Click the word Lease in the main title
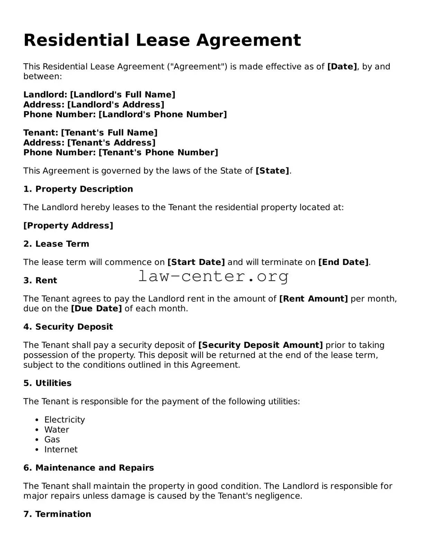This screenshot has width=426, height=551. [x=162, y=40]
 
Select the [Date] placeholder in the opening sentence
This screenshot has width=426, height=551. [x=342, y=66]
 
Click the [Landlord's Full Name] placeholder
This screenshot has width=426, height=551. [x=123, y=94]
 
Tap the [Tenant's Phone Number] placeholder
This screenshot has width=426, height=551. [x=158, y=153]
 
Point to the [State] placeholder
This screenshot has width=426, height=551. [x=272, y=171]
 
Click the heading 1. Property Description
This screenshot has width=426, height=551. [x=78, y=189]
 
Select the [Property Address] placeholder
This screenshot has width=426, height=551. [x=68, y=226]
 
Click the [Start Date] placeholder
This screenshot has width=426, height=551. [x=196, y=262]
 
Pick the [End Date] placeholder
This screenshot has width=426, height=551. [x=343, y=262]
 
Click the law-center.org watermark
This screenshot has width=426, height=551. [x=213, y=276]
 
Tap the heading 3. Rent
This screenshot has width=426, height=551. [x=40, y=281]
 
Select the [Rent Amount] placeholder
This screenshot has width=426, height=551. [x=313, y=299]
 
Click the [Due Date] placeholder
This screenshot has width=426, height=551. [x=96, y=309]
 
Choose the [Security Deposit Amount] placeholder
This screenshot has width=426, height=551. [x=260, y=345]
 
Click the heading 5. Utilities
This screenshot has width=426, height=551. [x=47, y=383]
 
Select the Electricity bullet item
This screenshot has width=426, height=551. [x=64, y=420]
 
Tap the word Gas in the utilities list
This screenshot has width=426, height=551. [x=52, y=440]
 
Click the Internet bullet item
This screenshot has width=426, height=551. [x=61, y=449]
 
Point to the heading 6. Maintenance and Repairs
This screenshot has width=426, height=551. [x=89, y=468]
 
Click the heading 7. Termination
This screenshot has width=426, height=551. [x=57, y=514]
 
